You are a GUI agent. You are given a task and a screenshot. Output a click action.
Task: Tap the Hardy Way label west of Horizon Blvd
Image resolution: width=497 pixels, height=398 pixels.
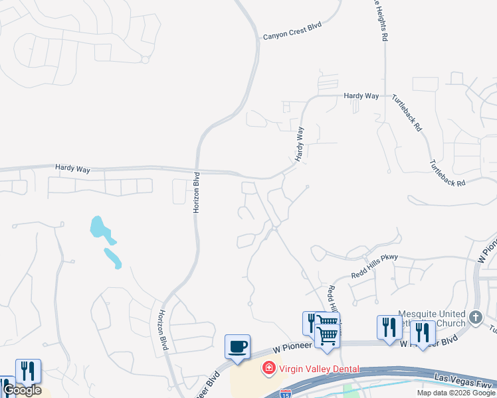[x=73, y=169]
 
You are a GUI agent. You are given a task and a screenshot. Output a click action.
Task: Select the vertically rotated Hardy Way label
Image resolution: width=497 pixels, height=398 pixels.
[x=300, y=145]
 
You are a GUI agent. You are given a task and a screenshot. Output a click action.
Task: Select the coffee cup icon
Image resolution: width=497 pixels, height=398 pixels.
[x=237, y=346]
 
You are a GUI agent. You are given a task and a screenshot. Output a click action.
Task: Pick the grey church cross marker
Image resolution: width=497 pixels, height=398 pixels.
[x=475, y=318]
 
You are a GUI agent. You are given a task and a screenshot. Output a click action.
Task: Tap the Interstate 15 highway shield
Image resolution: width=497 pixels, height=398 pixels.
[x=286, y=394]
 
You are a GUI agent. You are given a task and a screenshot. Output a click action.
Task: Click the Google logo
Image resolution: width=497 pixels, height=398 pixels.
[x=22, y=390]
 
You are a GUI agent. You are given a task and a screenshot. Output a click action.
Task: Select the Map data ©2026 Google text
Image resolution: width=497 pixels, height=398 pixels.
[x=456, y=393]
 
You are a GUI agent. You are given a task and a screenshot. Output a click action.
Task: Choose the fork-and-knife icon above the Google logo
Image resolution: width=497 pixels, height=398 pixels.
[x=28, y=371]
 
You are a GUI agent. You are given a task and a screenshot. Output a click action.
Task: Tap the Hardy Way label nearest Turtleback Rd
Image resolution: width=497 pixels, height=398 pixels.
[x=361, y=96]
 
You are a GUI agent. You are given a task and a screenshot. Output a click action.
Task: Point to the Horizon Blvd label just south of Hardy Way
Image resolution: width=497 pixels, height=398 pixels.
[x=196, y=192]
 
